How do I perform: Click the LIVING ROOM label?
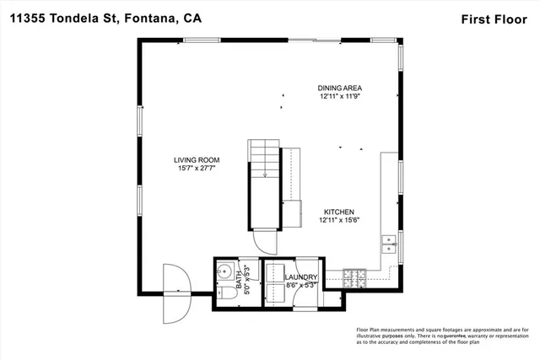coord(197,159)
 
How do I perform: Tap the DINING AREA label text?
coord(340,88)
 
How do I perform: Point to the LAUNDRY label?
coord(301,277)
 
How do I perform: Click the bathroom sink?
coord(224,272)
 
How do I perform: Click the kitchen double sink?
coord(390,245)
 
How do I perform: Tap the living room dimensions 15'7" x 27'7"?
coord(197,169)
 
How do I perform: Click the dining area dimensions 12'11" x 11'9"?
coord(340,96)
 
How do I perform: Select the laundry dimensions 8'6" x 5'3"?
coord(301,286)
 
